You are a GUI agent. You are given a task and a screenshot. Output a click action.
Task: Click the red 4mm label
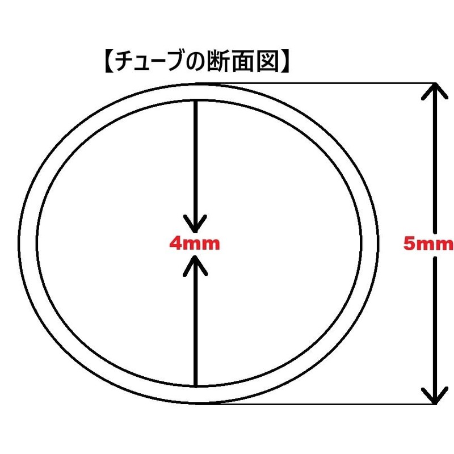point(195,243)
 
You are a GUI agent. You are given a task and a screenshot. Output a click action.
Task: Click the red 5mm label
point(428,243)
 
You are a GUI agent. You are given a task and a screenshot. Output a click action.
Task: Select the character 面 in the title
point(244,61)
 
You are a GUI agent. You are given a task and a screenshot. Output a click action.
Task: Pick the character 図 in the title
point(268,61)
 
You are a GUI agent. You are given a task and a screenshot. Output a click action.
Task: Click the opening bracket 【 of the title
point(109,61)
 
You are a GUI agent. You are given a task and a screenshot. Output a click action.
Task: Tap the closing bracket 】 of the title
point(285,61)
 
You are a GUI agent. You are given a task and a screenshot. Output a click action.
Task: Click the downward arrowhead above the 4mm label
point(196,224)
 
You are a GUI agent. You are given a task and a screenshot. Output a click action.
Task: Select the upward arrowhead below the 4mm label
point(196,266)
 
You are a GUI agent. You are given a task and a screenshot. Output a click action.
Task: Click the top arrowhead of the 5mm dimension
point(435,91)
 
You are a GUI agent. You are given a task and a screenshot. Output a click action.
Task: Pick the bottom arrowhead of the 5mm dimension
point(435,396)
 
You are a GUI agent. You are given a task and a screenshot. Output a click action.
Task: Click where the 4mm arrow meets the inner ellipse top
point(196,100)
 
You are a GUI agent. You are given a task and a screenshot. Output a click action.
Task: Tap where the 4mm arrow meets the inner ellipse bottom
point(196,386)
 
